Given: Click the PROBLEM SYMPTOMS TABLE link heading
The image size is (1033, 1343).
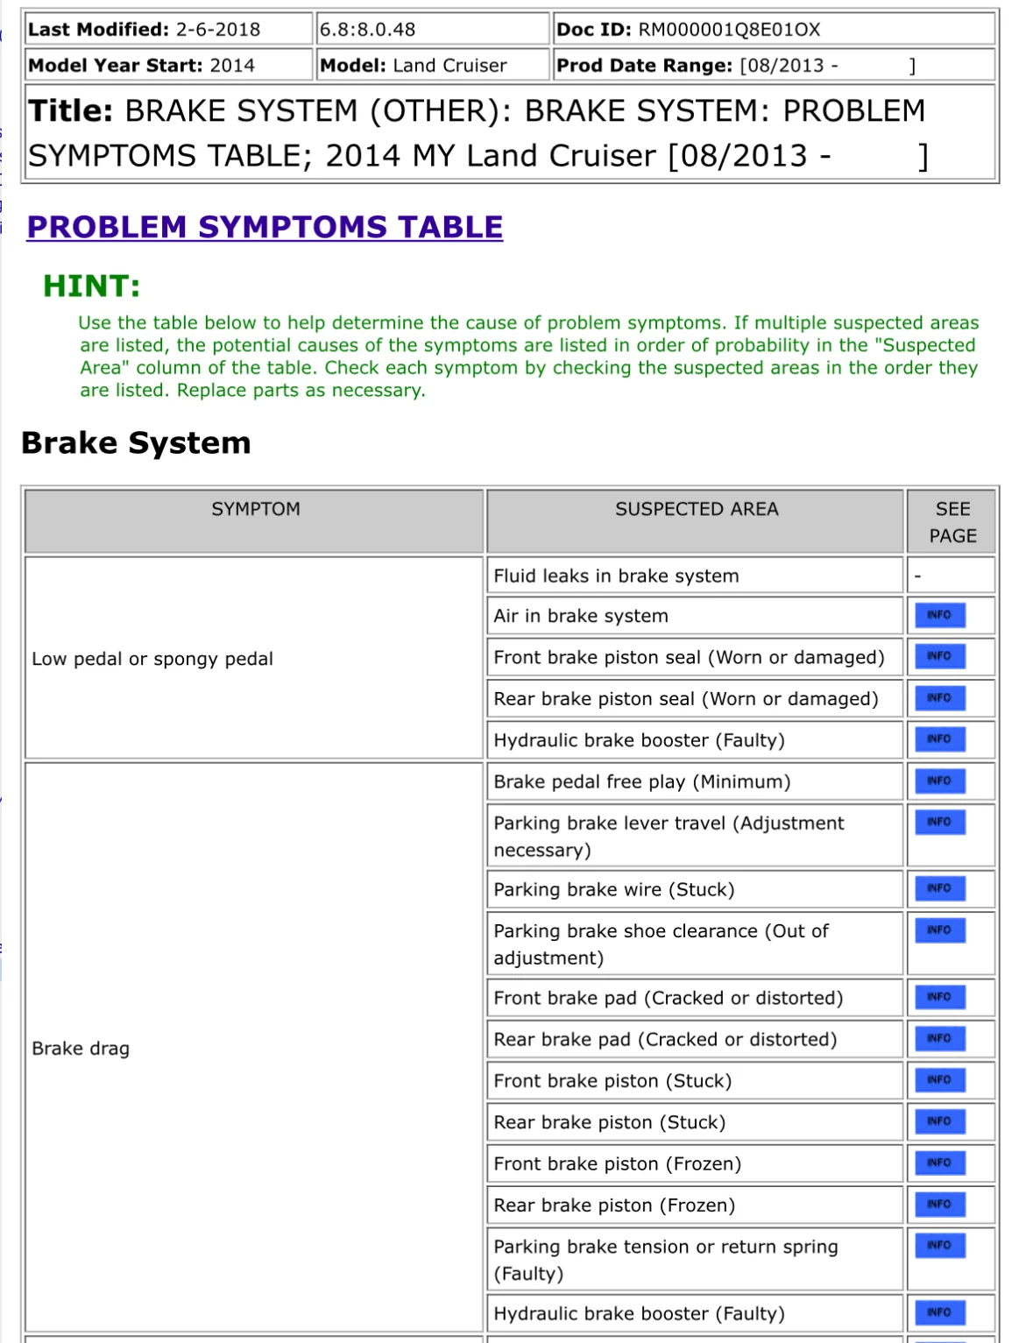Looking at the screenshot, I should [x=265, y=227].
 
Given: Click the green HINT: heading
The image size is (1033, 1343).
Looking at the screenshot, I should [x=91, y=286].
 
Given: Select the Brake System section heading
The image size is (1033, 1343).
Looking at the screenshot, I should [x=136, y=443].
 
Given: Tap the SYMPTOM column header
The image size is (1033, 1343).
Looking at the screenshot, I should [x=255, y=509].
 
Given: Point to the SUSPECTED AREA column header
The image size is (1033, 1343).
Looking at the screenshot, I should [x=696, y=509].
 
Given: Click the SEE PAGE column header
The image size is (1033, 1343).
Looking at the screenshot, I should [x=952, y=522].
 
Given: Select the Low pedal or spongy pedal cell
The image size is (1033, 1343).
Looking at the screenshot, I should [x=152, y=659].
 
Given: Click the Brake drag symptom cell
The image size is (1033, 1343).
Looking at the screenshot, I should [x=81, y=1049].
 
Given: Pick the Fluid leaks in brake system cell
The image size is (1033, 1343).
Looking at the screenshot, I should [x=616, y=576].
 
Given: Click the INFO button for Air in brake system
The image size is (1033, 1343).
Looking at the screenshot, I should [x=939, y=615].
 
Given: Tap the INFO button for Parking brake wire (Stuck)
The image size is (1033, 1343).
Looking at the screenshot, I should [x=939, y=888].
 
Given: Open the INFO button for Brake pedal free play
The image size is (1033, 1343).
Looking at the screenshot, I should [x=939, y=781].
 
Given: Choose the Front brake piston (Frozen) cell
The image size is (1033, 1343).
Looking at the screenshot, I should [x=617, y=1163].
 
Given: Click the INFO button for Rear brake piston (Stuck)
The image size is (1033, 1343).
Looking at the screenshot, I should [x=939, y=1121].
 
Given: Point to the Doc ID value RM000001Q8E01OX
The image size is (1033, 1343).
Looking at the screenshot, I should [x=729, y=30].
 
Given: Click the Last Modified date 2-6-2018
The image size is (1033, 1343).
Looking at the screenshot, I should [x=218, y=30].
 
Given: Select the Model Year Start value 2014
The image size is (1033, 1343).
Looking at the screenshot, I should [x=232, y=66].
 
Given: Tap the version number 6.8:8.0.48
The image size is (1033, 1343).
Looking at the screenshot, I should [x=367, y=30].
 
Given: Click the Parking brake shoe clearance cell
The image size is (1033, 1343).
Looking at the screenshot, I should [x=661, y=944].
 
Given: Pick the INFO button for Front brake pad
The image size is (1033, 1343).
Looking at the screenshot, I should [x=939, y=997].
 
